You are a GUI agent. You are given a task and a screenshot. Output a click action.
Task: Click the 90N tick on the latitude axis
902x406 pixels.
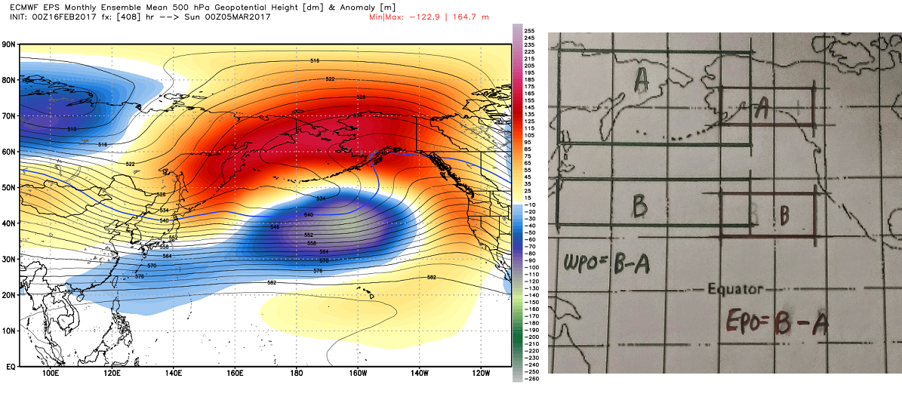(x=9, y=44)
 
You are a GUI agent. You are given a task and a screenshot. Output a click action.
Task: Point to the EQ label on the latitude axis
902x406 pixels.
(x=10, y=366)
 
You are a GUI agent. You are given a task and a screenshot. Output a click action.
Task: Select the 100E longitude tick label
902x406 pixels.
(x=51, y=373)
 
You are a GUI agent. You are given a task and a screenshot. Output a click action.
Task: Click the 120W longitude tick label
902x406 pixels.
(x=480, y=373)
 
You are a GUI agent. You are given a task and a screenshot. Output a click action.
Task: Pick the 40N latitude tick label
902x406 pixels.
(x=9, y=223)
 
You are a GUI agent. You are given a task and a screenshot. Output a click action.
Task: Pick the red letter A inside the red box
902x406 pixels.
(x=763, y=109)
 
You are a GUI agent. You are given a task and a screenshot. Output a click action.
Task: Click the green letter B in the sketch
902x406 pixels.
(x=640, y=205)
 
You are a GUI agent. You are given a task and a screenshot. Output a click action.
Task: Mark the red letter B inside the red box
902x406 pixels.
(x=784, y=217)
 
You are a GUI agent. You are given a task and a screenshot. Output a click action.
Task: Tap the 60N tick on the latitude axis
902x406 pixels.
(x=9, y=151)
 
